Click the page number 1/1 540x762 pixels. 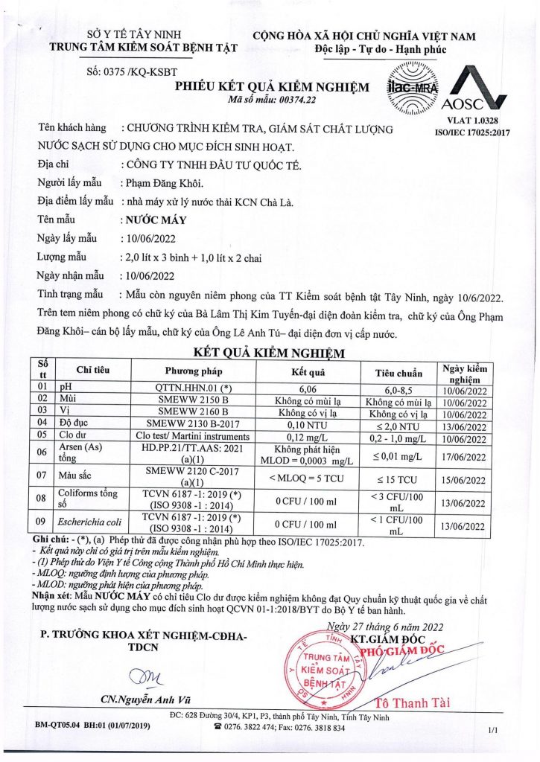click(x=493, y=731)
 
